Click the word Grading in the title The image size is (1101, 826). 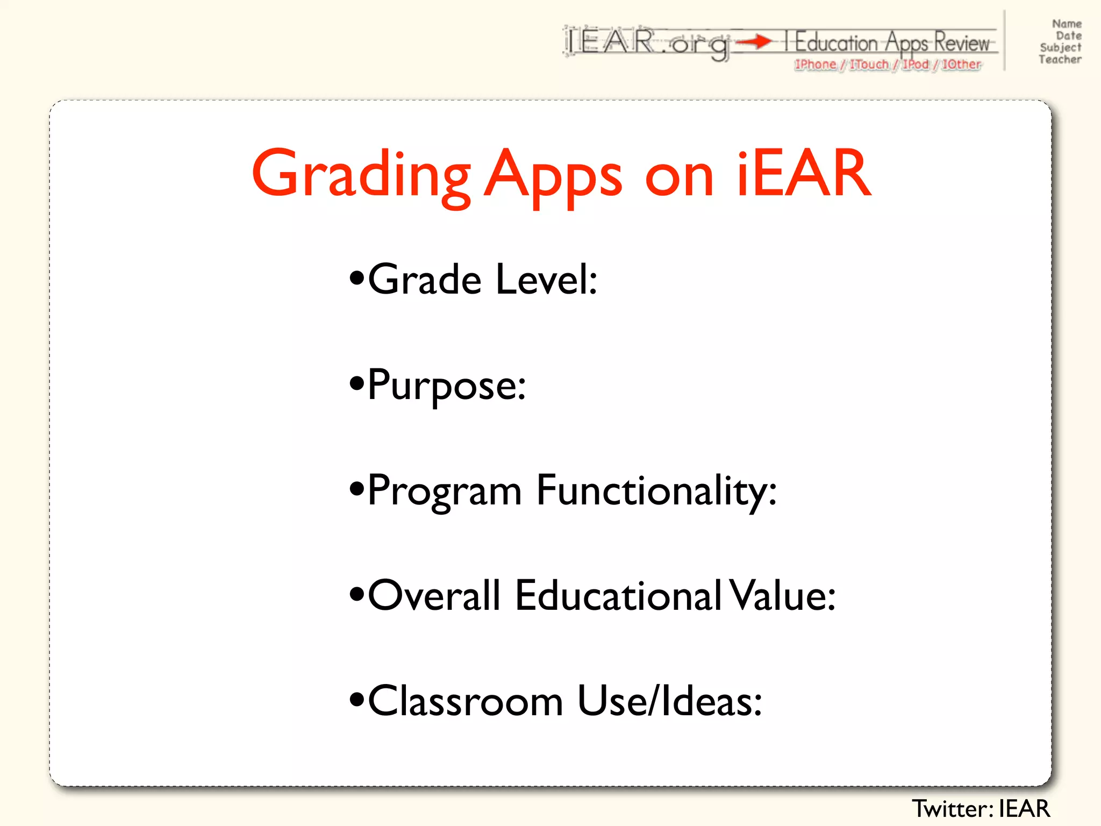coord(361,175)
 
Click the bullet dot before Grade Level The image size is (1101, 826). coord(356,279)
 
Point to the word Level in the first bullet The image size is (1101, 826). coord(546,280)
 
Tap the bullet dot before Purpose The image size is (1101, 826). coord(356,384)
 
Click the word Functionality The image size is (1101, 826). coord(656,490)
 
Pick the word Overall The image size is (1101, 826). coord(434,596)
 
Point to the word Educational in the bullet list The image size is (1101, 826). coord(618,596)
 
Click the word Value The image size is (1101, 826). coord(782,596)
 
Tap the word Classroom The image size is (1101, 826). coord(466,701)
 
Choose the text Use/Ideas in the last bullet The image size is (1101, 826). coord(670,701)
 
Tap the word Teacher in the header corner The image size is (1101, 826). coord(1060,60)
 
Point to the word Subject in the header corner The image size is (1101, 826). coord(1060,47)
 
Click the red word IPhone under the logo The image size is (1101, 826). coord(816,65)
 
